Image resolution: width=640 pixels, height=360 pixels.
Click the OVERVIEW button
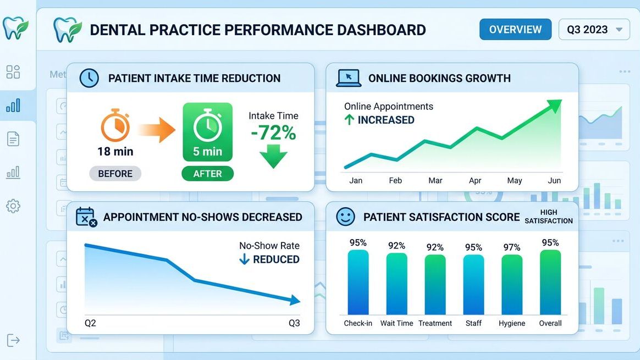515,29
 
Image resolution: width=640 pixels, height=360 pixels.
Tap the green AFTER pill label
207,174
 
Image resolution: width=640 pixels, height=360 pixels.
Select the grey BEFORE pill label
115,174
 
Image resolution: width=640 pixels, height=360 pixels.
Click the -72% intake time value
273,133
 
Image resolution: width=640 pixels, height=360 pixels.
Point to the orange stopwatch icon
115,125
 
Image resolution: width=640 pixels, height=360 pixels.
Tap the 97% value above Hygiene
511,247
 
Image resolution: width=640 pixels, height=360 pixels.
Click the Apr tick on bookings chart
475,180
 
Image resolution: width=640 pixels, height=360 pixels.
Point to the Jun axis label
554,180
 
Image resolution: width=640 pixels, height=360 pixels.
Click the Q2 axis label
90,323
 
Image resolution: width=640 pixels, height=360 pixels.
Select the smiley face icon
345,217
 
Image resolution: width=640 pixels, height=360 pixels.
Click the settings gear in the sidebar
13,206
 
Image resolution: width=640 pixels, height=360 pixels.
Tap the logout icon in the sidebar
13,340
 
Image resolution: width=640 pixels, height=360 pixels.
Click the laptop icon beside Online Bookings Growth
348,78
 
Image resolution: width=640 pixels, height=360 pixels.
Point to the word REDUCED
276,259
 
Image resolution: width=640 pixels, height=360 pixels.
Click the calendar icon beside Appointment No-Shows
86,217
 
